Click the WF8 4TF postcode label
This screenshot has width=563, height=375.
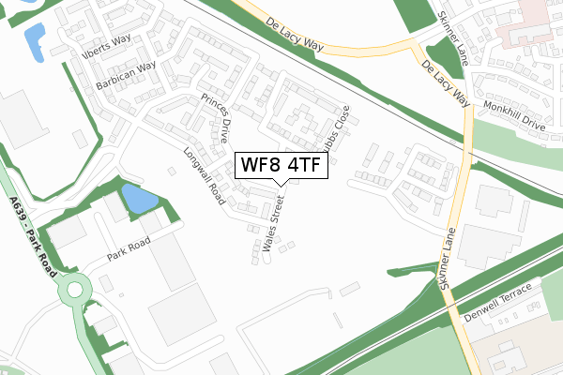point(281,165)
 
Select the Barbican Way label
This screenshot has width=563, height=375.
point(125,73)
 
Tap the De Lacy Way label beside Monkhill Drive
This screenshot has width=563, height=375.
point(444,83)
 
